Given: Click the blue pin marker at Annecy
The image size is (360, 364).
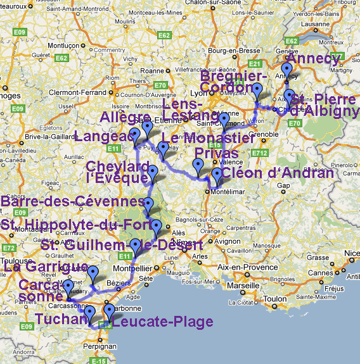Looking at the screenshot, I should coord(286,69).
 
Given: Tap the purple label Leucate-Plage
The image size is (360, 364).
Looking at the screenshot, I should coord(162,322).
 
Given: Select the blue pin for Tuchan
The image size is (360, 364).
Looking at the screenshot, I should coord(89,312).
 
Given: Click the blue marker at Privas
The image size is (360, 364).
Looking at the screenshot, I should coord(199,166).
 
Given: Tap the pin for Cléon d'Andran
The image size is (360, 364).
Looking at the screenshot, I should coord(217,174).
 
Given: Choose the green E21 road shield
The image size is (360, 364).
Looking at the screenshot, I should coord(255,64).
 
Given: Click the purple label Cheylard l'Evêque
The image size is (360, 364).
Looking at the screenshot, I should coord(120,172).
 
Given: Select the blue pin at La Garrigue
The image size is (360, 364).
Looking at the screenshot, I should coord(93,273).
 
